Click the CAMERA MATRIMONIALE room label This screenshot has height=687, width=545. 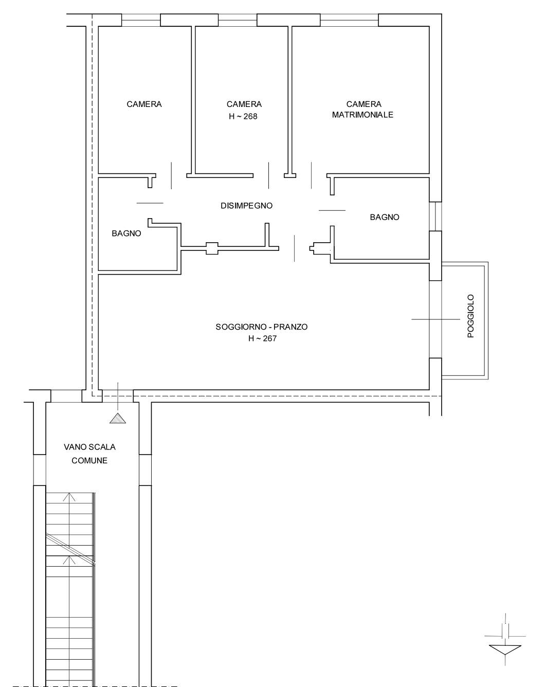coord(363,110)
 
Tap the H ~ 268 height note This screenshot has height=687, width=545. coord(243,117)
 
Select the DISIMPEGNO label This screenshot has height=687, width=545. coord(246,206)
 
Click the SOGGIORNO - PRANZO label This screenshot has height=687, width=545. coord(262,327)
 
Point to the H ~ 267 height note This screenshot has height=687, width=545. coord(263,339)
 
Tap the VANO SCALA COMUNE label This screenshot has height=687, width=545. coord(89,454)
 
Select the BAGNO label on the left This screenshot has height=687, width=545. coord(126,233)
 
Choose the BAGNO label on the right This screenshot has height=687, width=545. coord(385,218)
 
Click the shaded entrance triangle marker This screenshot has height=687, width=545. coord(118,418)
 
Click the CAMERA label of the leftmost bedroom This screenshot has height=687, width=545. coord(144,104)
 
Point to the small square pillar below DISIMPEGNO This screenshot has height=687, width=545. coord(212,248)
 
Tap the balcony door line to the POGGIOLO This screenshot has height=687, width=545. coord(435,319)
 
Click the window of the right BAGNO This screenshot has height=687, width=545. coord(435,216)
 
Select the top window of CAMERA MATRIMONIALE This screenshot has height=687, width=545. coord(350,20)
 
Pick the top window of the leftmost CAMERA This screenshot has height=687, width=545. coord(141,20)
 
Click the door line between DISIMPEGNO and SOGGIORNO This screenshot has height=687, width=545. coord(295,248)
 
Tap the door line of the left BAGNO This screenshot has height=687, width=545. coord(150,203)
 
